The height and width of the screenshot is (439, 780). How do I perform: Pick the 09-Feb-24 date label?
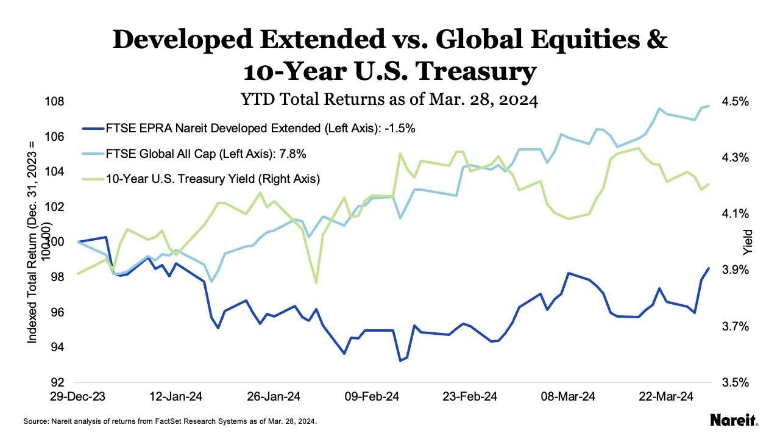pos(372,397)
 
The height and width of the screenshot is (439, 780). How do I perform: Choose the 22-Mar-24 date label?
pos(665,397)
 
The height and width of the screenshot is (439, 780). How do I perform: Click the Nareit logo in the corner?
pos(734,420)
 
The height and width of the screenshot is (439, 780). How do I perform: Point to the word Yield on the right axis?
pos(748,242)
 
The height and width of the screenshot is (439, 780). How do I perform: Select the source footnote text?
pos(170,421)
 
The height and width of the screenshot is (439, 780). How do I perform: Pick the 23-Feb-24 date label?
pos(469,397)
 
